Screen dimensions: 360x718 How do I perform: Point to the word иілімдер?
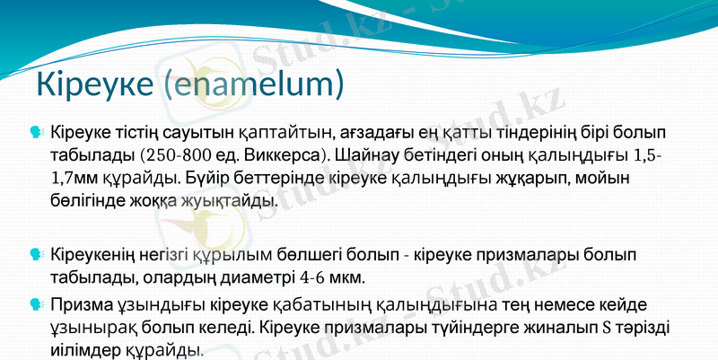point(90,350)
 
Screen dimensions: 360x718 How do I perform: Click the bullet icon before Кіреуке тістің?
point(35,132)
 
